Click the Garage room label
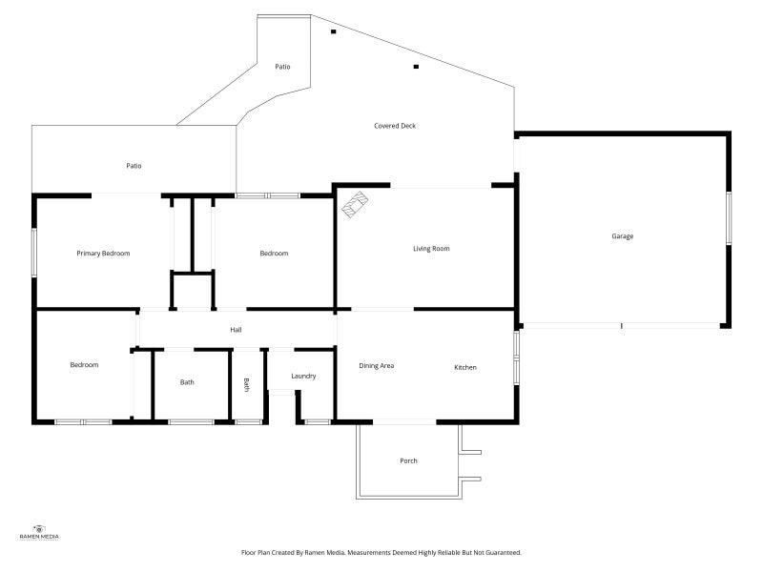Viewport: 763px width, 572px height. coord(623,236)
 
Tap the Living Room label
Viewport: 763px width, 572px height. coord(431,249)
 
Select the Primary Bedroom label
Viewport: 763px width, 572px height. coord(103,254)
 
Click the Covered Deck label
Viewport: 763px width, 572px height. coord(395,126)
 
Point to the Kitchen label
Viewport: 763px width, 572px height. coord(465,367)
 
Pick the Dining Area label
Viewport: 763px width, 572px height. coord(376,366)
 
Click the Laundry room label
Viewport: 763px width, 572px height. coord(303,376)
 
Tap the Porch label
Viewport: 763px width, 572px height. coord(409,460)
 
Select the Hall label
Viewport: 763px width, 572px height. coord(236,330)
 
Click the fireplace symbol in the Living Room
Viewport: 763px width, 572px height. coord(355,204)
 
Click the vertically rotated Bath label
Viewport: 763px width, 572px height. coord(246,385)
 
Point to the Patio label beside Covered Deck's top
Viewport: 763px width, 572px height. coord(282,67)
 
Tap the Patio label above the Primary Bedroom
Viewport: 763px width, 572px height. coord(134,166)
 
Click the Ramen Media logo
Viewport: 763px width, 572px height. coord(39,532)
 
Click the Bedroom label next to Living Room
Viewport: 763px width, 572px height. coord(274,254)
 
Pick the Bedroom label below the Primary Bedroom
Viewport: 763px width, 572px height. coord(84,365)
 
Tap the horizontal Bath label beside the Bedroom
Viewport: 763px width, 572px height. coord(187,382)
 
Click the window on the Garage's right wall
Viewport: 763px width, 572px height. coord(729,218)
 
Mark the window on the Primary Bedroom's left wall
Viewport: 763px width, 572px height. coord(34,253)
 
